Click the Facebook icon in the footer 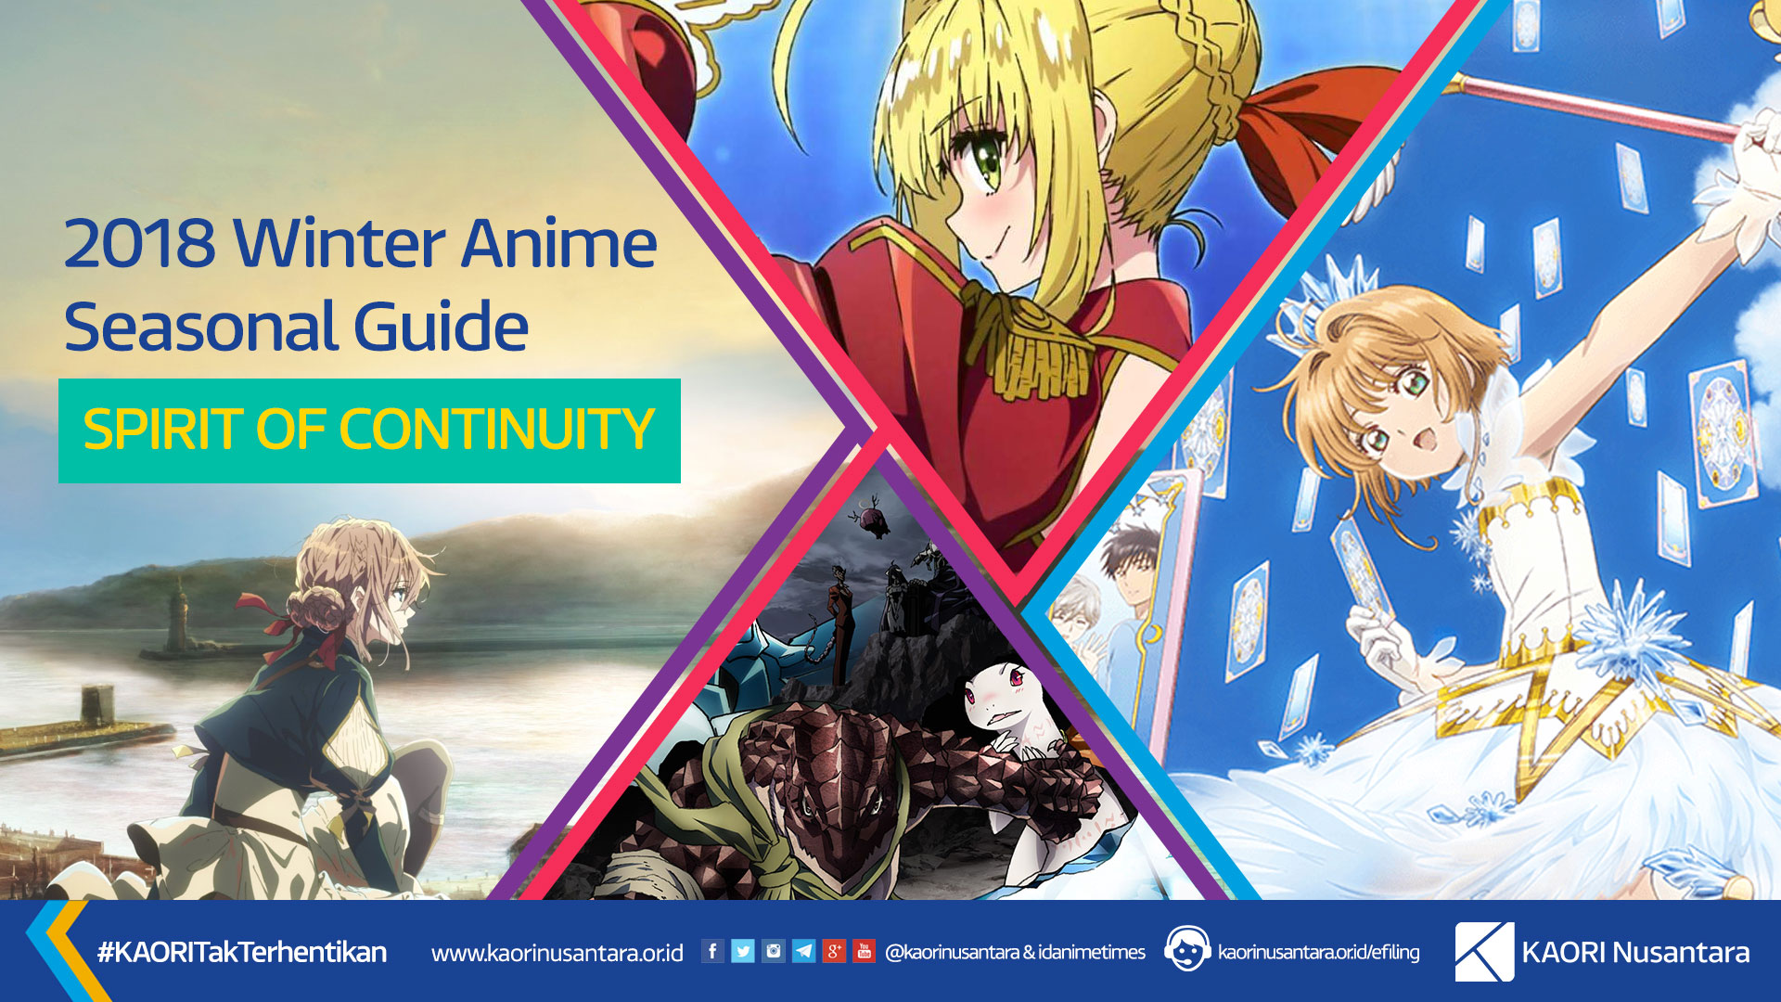tap(712, 951)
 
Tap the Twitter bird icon tap(743, 951)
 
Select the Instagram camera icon tap(774, 951)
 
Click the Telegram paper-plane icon tap(804, 951)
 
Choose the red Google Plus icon tap(834, 951)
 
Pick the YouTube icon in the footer tap(864, 951)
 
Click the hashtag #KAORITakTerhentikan tap(242, 952)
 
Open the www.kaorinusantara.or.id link tap(557, 953)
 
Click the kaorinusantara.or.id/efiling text tap(1318, 952)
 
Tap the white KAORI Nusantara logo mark tap(1484, 952)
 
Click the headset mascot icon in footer tap(1186, 949)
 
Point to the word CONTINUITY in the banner tap(497, 430)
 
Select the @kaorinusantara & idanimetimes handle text tap(1015, 952)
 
